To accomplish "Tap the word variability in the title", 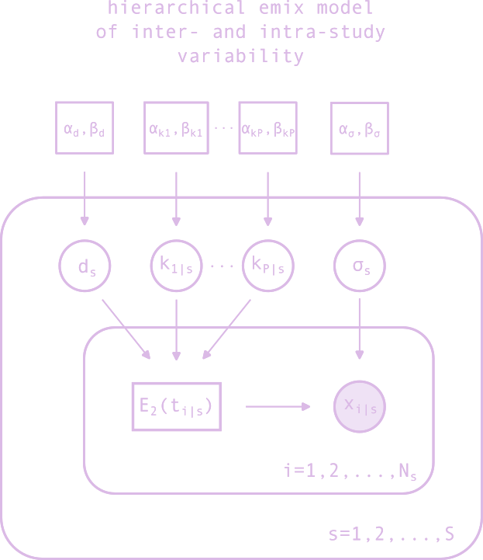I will click(240, 57).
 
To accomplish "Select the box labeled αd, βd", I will click(85, 127).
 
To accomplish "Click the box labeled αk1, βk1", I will click(176, 127).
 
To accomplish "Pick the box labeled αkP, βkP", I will click(267, 127).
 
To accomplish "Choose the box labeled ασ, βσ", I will click(360, 127).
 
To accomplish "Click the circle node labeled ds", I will click(85, 266).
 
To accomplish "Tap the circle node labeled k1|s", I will click(176, 266).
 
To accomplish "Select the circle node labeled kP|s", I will click(268, 266).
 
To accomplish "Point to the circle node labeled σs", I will click(360, 266).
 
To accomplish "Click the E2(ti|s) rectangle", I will click(177, 406).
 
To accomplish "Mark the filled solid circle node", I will click(360, 406).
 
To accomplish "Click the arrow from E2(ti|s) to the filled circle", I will click(278, 406).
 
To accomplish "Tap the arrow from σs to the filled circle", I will click(360, 326).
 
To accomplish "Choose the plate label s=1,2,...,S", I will click(392, 534).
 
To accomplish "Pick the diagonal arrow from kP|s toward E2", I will click(226, 331).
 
